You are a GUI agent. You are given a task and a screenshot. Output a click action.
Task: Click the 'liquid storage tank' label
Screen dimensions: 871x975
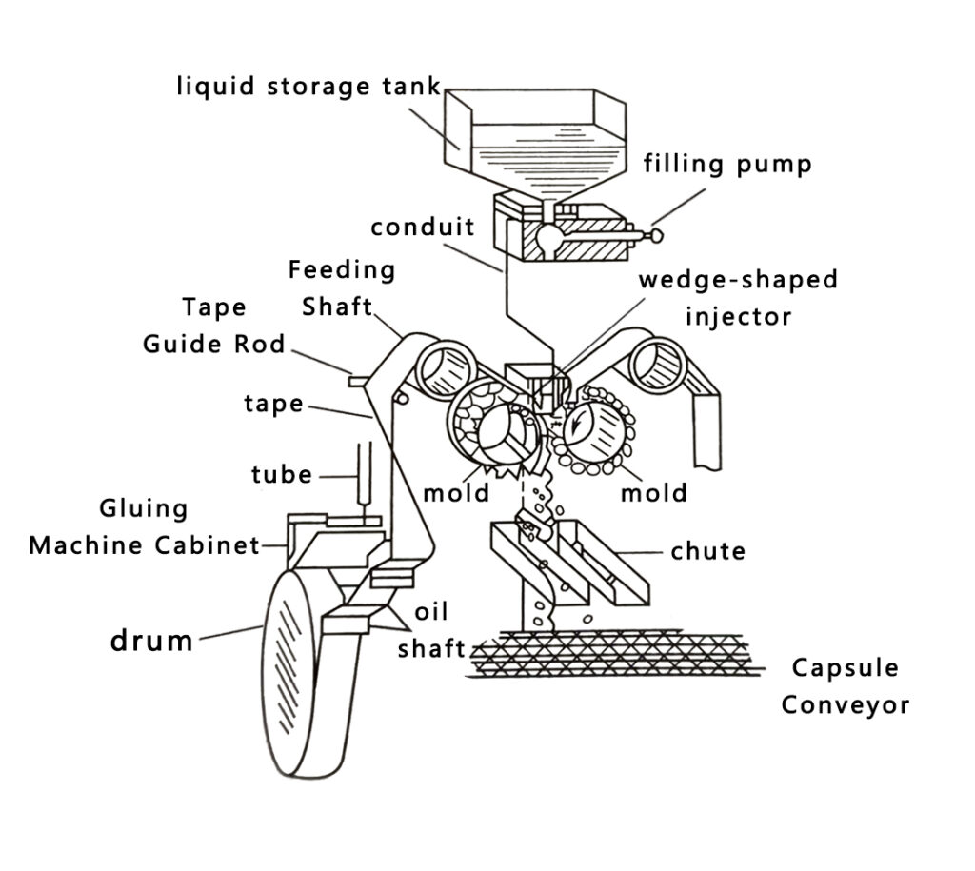[x=308, y=87]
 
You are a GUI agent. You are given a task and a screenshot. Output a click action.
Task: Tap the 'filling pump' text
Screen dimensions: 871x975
[x=727, y=164]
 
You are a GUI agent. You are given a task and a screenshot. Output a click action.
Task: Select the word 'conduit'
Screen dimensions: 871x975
[x=423, y=228]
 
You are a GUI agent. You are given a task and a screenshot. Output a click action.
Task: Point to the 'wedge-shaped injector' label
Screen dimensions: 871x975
[x=738, y=297]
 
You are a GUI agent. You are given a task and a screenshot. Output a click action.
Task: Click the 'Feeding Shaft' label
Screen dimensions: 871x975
[x=340, y=288]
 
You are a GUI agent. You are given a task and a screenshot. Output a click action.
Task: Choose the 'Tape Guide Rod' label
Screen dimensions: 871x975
[x=213, y=326]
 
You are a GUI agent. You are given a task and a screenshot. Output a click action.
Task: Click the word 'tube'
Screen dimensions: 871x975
[x=282, y=473]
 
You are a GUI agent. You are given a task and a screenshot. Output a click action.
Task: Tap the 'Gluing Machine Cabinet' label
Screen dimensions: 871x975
[x=144, y=526]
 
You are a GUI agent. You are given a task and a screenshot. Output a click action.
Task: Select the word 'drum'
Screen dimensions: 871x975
[x=152, y=641]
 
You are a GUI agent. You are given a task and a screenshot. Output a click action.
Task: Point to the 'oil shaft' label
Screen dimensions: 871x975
[x=430, y=629]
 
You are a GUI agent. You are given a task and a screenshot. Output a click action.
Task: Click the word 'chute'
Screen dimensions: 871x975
[x=707, y=550]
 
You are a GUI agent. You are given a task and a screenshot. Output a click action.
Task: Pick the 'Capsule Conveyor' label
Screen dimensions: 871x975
[x=845, y=686]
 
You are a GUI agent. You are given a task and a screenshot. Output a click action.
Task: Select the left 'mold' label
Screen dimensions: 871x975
[x=456, y=492]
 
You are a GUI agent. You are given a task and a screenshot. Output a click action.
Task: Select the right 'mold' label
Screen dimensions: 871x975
[x=653, y=492]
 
